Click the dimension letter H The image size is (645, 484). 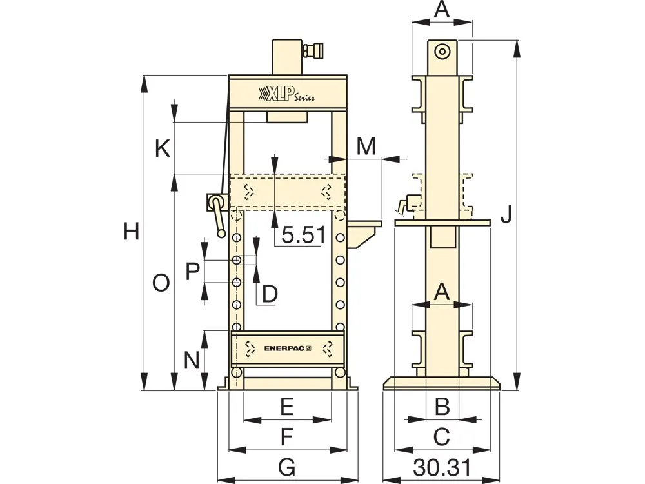[x=132, y=231]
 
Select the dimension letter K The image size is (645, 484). [x=163, y=149]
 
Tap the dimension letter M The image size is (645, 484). [x=366, y=146]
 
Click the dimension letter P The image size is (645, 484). [x=192, y=271]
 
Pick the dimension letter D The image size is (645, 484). [x=269, y=294]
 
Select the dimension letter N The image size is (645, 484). [x=192, y=359]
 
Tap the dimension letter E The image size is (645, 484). [x=287, y=407]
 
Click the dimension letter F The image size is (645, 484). [x=287, y=437]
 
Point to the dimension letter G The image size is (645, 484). [x=287, y=466]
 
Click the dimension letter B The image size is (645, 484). [x=442, y=407]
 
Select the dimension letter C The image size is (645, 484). [x=442, y=437]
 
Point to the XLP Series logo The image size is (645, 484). [x=286, y=94]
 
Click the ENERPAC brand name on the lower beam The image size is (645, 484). [x=288, y=348]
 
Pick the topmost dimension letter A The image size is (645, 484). [x=442, y=10]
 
